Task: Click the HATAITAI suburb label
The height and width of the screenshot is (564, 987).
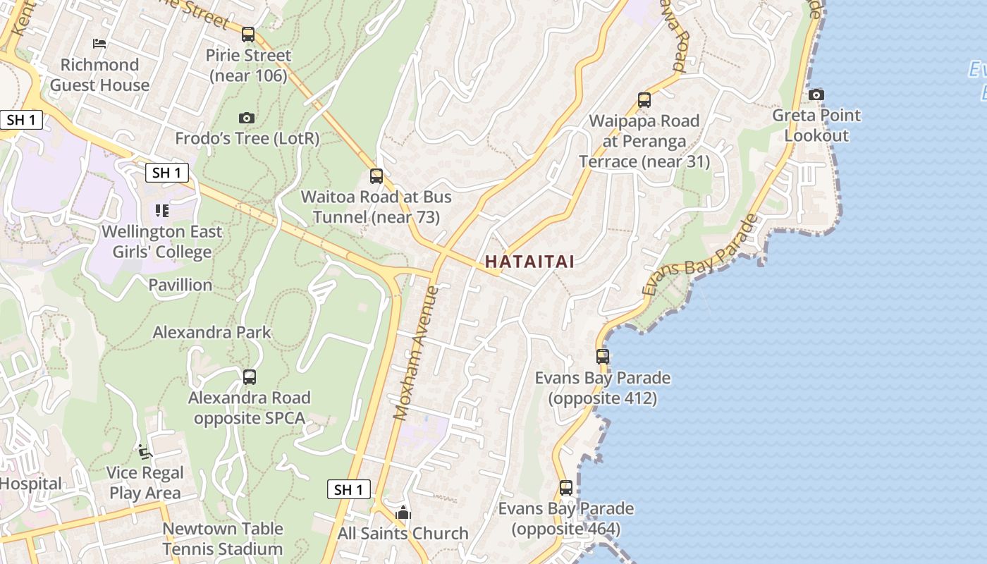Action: [529, 262]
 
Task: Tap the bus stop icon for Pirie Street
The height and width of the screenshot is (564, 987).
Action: [247, 34]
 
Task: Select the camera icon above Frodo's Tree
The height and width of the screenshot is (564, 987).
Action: [246, 118]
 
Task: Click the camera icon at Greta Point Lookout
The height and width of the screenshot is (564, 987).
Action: [816, 94]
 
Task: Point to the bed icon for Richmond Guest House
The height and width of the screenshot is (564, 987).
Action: [99, 44]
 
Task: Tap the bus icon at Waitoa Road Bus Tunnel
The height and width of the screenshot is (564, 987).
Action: [376, 176]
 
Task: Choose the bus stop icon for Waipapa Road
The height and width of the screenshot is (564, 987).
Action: [644, 100]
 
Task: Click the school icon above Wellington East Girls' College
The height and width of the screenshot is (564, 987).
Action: [162, 210]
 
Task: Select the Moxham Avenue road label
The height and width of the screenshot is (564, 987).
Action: [416, 352]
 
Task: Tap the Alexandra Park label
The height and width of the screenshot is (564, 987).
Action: [211, 332]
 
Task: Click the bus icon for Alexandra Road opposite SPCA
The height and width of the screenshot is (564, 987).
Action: [249, 377]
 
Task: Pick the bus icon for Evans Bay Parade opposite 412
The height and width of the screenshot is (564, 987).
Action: [602, 357]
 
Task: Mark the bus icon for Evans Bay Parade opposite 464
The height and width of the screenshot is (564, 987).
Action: [565, 487]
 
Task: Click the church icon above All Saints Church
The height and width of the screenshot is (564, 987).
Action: [403, 513]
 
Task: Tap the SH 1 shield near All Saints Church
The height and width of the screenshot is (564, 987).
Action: [349, 489]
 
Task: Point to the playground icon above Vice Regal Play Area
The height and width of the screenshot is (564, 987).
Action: [145, 452]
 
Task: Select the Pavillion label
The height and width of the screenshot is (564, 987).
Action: [180, 285]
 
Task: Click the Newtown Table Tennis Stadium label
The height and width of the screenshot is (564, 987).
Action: [223, 539]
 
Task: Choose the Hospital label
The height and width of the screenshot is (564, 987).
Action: [30, 484]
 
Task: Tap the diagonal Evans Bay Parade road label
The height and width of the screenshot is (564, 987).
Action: [700, 255]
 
